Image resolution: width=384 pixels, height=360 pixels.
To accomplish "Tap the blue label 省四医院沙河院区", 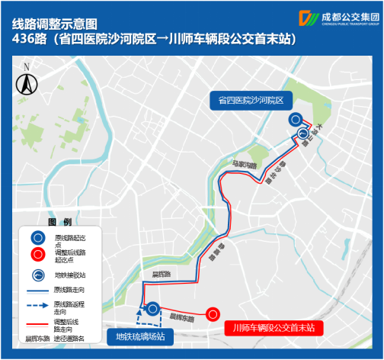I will click(x=250, y=100).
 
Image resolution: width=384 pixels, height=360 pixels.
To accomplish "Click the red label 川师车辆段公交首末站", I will click(x=276, y=327).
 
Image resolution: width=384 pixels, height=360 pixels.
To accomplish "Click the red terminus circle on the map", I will click(x=213, y=313).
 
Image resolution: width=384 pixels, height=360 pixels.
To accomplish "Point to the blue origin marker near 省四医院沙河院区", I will click(x=295, y=119).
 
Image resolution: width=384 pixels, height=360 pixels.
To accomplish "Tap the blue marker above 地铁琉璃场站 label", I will click(x=152, y=309).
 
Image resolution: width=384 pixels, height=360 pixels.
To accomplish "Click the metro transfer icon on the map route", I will click(x=302, y=133).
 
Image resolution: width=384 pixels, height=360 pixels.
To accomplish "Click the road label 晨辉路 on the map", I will click(x=161, y=274).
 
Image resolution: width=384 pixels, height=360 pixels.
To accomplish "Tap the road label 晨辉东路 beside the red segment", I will click(x=181, y=315).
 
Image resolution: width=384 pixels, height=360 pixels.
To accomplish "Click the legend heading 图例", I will click(x=59, y=223).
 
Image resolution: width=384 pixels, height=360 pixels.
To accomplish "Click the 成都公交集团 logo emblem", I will click(x=310, y=18).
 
